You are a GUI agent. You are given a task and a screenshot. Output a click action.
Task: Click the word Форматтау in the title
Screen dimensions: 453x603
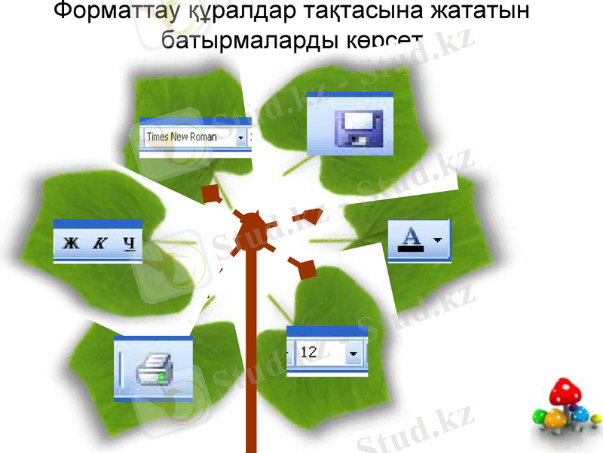point(113,12)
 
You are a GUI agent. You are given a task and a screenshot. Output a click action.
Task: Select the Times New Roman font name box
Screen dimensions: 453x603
point(188,137)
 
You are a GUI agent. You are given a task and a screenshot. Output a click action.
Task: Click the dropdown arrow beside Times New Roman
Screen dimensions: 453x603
point(240,137)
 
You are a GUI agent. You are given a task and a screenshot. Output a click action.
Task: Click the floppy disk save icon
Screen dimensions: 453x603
point(358,126)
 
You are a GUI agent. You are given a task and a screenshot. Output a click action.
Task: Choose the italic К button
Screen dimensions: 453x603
point(99,243)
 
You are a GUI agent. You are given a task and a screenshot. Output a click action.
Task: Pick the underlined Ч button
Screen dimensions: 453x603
point(129,243)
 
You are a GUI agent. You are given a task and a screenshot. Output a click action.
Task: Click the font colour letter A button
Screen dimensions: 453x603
point(411,239)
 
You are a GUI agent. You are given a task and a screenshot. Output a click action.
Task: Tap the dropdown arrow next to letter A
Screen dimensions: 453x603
point(438,240)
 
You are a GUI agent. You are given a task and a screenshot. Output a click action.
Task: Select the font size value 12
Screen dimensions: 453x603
point(317,352)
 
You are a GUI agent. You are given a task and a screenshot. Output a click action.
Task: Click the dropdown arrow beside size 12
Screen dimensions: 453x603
point(353,353)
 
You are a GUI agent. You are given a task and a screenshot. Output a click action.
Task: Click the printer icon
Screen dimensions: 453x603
point(155,371)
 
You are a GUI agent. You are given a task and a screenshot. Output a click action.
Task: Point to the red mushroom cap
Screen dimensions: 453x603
point(566,393)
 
